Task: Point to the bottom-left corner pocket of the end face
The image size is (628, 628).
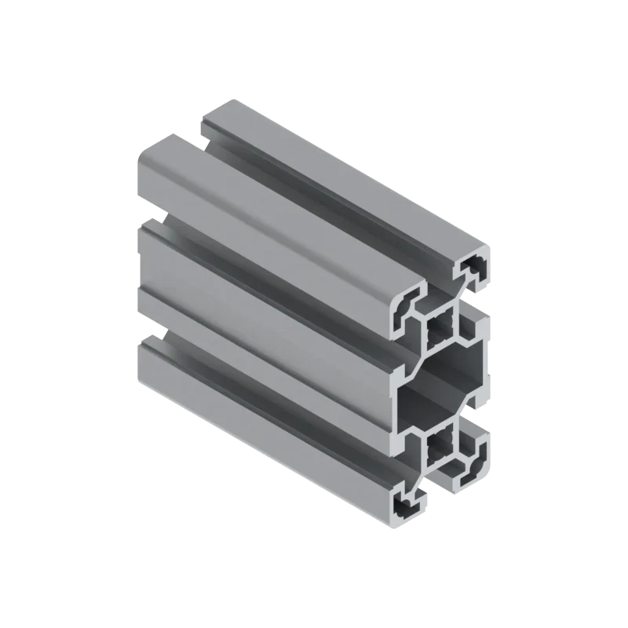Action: point(409,505)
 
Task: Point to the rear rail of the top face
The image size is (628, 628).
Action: point(345,181)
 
